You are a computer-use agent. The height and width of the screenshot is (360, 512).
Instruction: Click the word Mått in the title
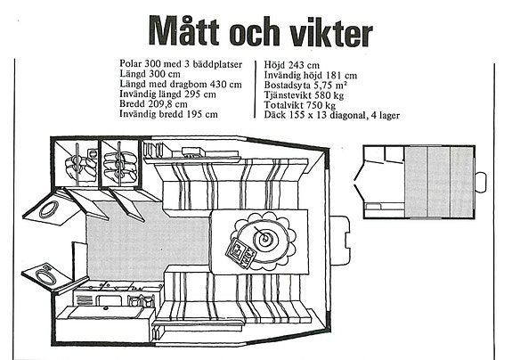click(184, 30)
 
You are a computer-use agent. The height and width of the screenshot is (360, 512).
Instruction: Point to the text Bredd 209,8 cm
click(153, 104)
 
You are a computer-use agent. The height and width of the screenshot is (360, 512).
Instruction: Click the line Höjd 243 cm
click(291, 65)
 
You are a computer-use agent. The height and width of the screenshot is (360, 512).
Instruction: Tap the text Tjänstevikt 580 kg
click(304, 95)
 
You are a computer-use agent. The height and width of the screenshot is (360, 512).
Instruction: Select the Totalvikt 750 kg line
click(300, 105)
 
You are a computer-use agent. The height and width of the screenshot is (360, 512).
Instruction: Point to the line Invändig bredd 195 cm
click(168, 114)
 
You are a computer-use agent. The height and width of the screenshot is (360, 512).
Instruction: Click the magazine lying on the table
click(240, 253)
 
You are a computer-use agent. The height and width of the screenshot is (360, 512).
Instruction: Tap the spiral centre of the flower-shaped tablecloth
click(264, 238)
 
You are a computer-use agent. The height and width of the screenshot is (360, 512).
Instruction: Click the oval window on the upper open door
click(49, 209)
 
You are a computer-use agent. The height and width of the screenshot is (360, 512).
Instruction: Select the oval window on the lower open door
click(45, 276)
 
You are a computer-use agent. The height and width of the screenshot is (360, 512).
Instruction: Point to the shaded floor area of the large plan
click(147, 241)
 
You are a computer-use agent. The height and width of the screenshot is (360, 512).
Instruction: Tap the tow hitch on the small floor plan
click(481, 182)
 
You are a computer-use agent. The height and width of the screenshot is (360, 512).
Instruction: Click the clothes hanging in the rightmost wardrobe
click(120, 165)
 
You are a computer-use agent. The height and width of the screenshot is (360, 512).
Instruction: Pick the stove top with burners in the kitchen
click(118, 287)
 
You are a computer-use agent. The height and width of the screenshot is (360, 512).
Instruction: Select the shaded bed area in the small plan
click(438, 182)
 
